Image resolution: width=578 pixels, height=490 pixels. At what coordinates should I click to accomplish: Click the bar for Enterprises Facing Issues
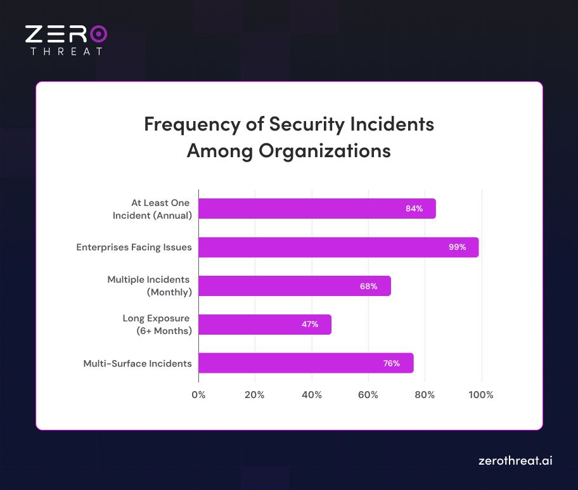click(338, 247)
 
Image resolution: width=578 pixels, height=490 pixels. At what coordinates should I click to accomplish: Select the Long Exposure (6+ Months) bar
click(265, 325)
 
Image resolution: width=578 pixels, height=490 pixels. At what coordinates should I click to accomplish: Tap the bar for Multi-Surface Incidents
click(305, 363)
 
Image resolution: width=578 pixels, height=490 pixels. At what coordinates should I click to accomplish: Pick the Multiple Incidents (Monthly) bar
click(295, 286)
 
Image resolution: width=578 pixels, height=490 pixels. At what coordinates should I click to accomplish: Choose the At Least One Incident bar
click(317, 209)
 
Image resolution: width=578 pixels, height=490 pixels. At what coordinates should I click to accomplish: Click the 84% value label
click(414, 209)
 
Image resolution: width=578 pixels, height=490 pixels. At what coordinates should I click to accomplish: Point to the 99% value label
click(457, 247)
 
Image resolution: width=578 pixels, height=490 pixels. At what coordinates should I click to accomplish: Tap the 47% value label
click(310, 325)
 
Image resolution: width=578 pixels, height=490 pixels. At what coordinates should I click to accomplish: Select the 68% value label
click(369, 286)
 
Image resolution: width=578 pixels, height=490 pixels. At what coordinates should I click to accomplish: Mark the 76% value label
click(392, 363)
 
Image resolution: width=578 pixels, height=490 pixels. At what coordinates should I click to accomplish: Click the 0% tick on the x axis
click(198, 395)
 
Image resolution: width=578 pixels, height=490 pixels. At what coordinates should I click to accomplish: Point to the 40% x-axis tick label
click(311, 395)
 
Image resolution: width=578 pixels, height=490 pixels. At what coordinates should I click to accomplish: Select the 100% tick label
click(481, 395)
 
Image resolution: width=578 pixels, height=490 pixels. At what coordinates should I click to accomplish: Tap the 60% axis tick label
click(368, 395)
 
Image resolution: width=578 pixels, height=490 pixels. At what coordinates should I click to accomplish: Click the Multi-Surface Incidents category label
click(138, 364)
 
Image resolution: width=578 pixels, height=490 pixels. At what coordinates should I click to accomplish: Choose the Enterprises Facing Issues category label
click(134, 247)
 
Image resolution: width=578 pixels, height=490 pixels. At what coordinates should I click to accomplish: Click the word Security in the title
click(309, 124)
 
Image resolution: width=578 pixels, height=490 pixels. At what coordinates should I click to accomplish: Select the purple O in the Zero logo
click(99, 34)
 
